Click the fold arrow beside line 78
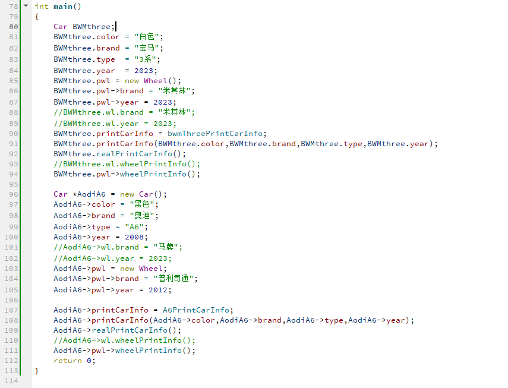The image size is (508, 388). (26, 6)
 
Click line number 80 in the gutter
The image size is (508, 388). (13, 27)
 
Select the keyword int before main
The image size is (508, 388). (42, 7)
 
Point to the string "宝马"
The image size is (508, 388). (149, 48)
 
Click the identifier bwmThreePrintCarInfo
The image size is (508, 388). (217, 134)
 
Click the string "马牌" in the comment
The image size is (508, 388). (167, 247)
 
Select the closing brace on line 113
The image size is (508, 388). (37, 371)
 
